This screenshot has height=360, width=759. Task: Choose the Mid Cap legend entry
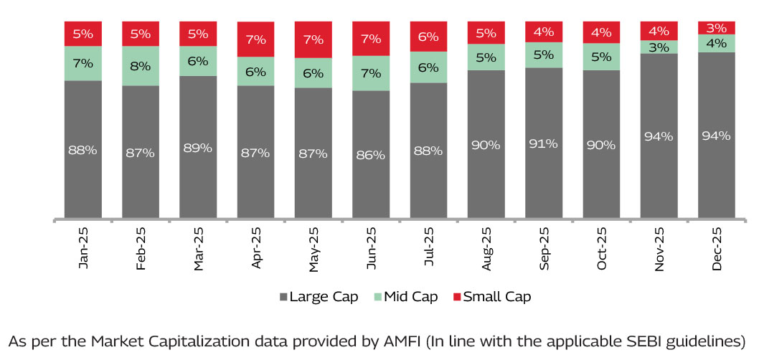pos(406,297)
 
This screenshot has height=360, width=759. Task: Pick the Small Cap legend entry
pos(493,297)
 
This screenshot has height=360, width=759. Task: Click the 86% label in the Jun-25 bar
pos(371,154)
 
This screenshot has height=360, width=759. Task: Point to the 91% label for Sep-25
pos(544,143)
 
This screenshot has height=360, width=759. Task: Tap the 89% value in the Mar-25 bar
pos(198,148)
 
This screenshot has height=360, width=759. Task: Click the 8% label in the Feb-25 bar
pos(141,66)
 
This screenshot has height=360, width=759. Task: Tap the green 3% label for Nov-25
pos(659,47)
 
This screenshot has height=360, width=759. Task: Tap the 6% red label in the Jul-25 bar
pos(428,37)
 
